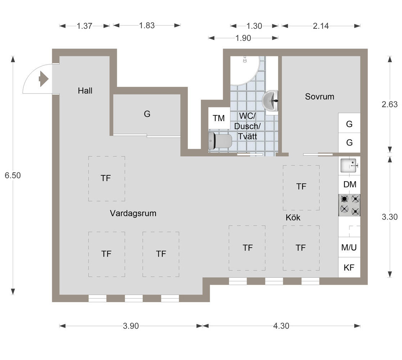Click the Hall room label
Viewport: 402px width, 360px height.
click(85, 91)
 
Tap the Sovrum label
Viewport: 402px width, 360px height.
click(319, 96)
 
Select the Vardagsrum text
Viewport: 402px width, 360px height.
click(133, 213)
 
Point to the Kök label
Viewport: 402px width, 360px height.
click(293, 217)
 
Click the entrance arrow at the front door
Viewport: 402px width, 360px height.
click(43, 79)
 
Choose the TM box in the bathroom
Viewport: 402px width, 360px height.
click(219, 118)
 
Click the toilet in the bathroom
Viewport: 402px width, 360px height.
click(220, 141)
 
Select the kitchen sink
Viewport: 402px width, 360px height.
click(349, 165)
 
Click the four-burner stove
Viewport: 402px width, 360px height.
click(349, 205)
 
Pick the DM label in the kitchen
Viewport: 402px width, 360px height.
click(350, 184)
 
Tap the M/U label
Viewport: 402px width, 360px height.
click(349, 248)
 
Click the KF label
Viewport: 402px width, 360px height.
click(349, 268)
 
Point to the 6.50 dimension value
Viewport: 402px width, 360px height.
click(13, 175)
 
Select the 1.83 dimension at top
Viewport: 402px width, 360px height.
click(147, 26)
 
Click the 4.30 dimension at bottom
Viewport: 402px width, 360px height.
click(281, 326)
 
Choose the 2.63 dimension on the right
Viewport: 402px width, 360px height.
click(390, 104)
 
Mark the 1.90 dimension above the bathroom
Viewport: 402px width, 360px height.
click(243, 38)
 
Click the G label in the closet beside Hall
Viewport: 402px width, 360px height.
click(147, 114)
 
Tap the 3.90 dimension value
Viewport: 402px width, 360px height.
click(131, 326)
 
